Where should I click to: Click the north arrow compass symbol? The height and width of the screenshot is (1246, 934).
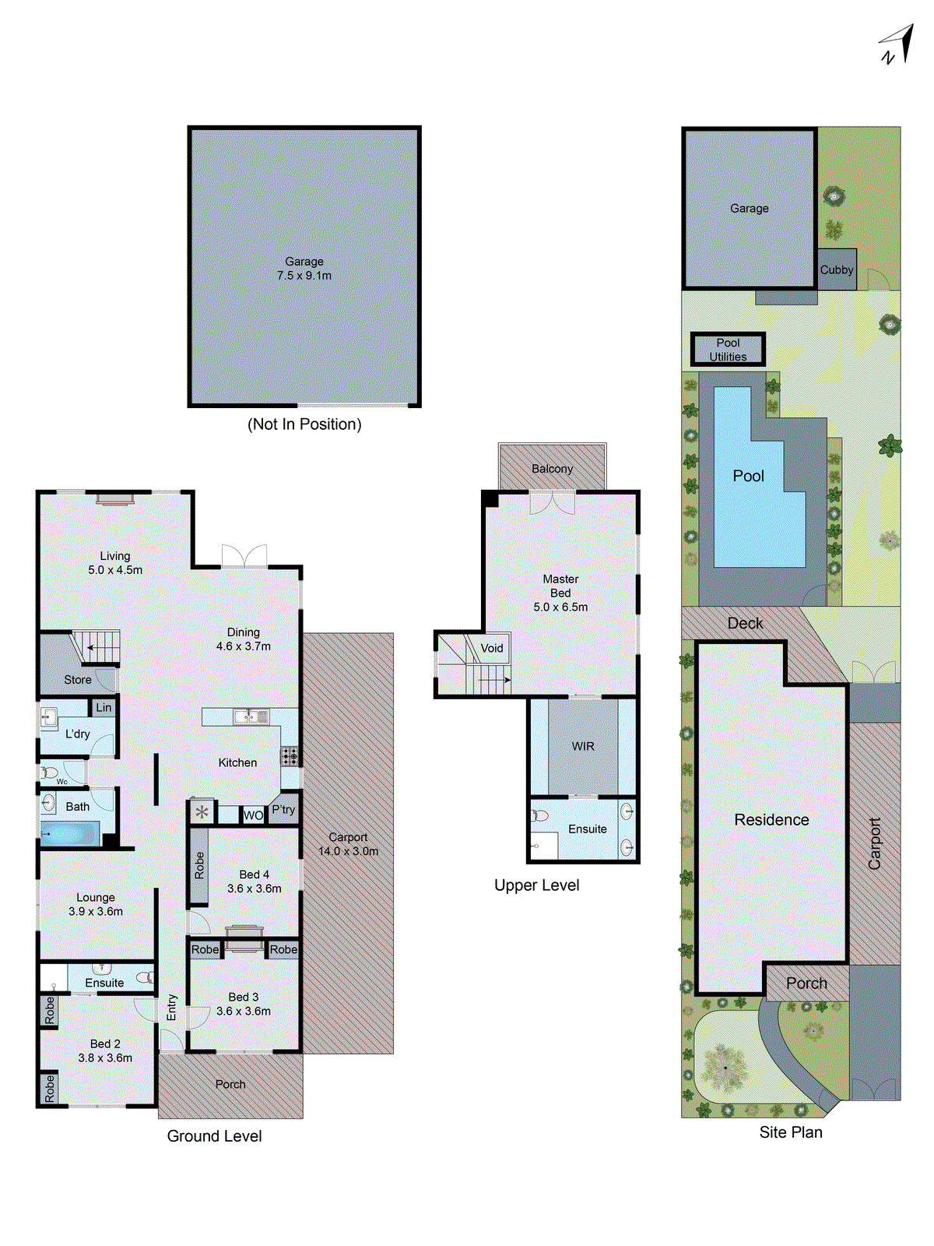click(x=897, y=45)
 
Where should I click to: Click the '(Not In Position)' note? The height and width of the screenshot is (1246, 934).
click(x=304, y=424)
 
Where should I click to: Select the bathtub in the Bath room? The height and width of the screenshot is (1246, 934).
click(x=70, y=834)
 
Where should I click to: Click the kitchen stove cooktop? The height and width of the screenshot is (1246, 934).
click(x=290, y=755)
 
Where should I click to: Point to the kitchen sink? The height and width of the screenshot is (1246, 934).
click(x=251, y=716)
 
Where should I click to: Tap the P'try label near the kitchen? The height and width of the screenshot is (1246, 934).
click(x=283, y=810)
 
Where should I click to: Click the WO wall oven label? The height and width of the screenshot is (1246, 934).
click(x=253, y=815)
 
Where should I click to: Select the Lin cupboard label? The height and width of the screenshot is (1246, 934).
click(x=104, y=707)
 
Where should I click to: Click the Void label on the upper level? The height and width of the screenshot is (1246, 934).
click(x=492, y=648)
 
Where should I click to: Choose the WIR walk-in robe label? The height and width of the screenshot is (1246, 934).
click(x=583, y=746)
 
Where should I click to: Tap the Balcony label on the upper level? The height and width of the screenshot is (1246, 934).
click(x=552, y=469)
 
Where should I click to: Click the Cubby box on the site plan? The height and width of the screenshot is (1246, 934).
click(x=837, y=269)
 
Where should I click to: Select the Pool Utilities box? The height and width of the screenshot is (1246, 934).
click(x=728, y=350)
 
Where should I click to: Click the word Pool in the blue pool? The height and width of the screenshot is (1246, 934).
click(x=748, y=476)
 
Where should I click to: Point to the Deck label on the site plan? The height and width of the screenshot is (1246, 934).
click(x=745, y=623)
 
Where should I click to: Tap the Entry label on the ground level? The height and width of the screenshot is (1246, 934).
click(x=172, y=1007)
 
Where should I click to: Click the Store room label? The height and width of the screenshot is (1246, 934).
click(x=78, y=680)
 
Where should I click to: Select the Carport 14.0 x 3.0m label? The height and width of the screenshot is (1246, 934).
click(x=348, y=844)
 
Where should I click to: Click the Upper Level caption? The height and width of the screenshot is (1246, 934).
click(x=536, y=885)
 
